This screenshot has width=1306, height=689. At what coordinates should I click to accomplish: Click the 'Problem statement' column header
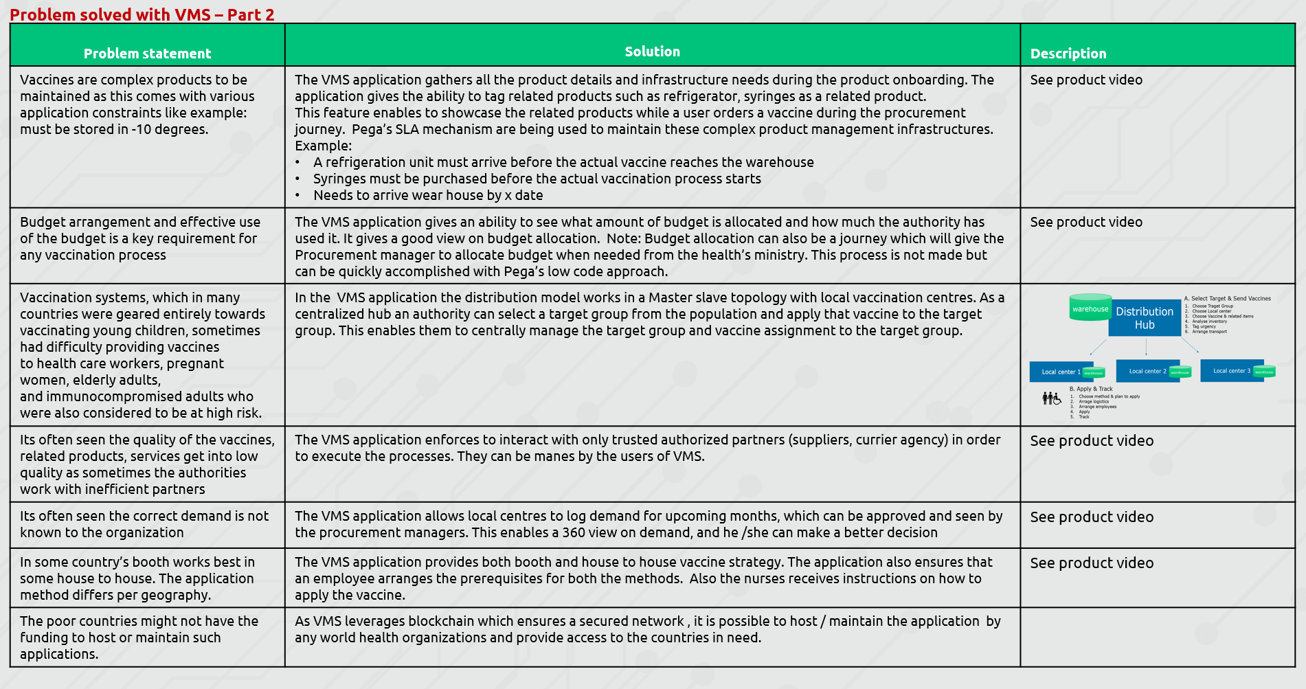click(x=147, y=54)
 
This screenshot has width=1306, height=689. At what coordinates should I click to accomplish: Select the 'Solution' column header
click(x=652, y=52)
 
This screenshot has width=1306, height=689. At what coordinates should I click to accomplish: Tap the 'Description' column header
click(x=1068, y=54)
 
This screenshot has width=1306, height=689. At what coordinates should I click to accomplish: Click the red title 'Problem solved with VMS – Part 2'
click(x=142, y=14)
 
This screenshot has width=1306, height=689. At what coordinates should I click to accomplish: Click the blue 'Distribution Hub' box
click(x=1144, y=318)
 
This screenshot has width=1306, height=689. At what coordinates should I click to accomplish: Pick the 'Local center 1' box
click(x=1060, y=372)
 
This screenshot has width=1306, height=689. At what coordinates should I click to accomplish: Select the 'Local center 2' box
click(x=1147, y=371)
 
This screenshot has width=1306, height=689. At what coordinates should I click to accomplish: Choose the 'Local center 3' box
click(x=1231, y=370)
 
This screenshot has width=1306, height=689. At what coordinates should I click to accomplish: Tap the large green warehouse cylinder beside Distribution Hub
click(x=1090, y=308)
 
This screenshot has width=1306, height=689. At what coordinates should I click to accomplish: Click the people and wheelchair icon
click(x=1051, y=398)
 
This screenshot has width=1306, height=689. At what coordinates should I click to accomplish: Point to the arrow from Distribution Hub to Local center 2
click(x=1146, y=348)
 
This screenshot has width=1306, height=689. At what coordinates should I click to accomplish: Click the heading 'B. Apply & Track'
click(x=1090, y=389)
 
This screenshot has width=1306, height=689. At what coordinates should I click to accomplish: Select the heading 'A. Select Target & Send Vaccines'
click(x=1227, y=299)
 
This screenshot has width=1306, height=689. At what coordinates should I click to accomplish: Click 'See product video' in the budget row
click(x=1086, y=222)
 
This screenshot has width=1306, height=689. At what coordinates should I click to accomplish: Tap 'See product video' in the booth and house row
click(x=1092, y=563)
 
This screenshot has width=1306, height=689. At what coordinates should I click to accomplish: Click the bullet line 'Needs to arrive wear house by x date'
click(x=428, y=195)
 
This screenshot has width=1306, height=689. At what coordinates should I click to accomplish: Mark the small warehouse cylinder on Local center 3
click(x=1264, y=372)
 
